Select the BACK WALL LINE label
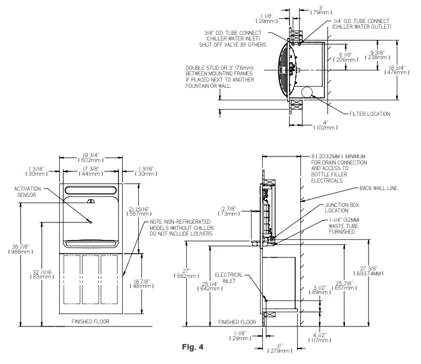[x=377, y=188]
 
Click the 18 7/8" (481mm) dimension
[x=136, y=285]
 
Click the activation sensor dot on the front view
[x=91, y=222]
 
